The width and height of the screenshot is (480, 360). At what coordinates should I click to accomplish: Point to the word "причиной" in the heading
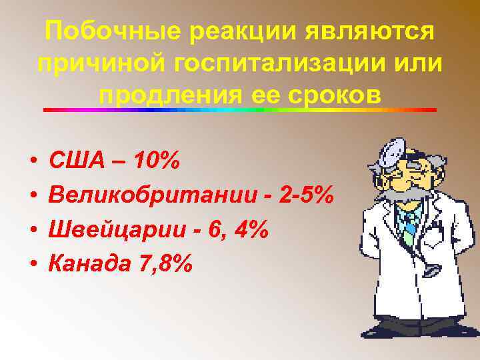pyautogui.click(x=97, y=64)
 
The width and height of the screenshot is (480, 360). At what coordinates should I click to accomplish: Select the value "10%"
pyautogui.click(x=157, y=161)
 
